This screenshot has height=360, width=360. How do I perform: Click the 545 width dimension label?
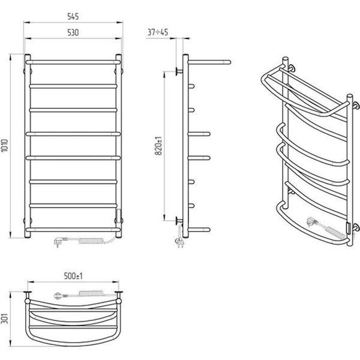click(x=73, y=17)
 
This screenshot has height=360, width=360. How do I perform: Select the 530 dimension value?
click(x=73, y=32)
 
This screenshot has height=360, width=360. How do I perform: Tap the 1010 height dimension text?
click(x=5, y=145)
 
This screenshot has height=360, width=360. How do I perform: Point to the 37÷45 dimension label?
click(x=158, y=32)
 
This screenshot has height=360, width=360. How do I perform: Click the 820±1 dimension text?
click(x=158, y=146)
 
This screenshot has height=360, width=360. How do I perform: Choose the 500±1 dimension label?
click(x=73, y=276)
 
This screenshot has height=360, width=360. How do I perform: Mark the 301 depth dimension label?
click(x=5, y=319)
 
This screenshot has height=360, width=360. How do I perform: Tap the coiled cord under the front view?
click(x=91, y=241)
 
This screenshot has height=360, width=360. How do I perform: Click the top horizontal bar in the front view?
click(x=73, y=62)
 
